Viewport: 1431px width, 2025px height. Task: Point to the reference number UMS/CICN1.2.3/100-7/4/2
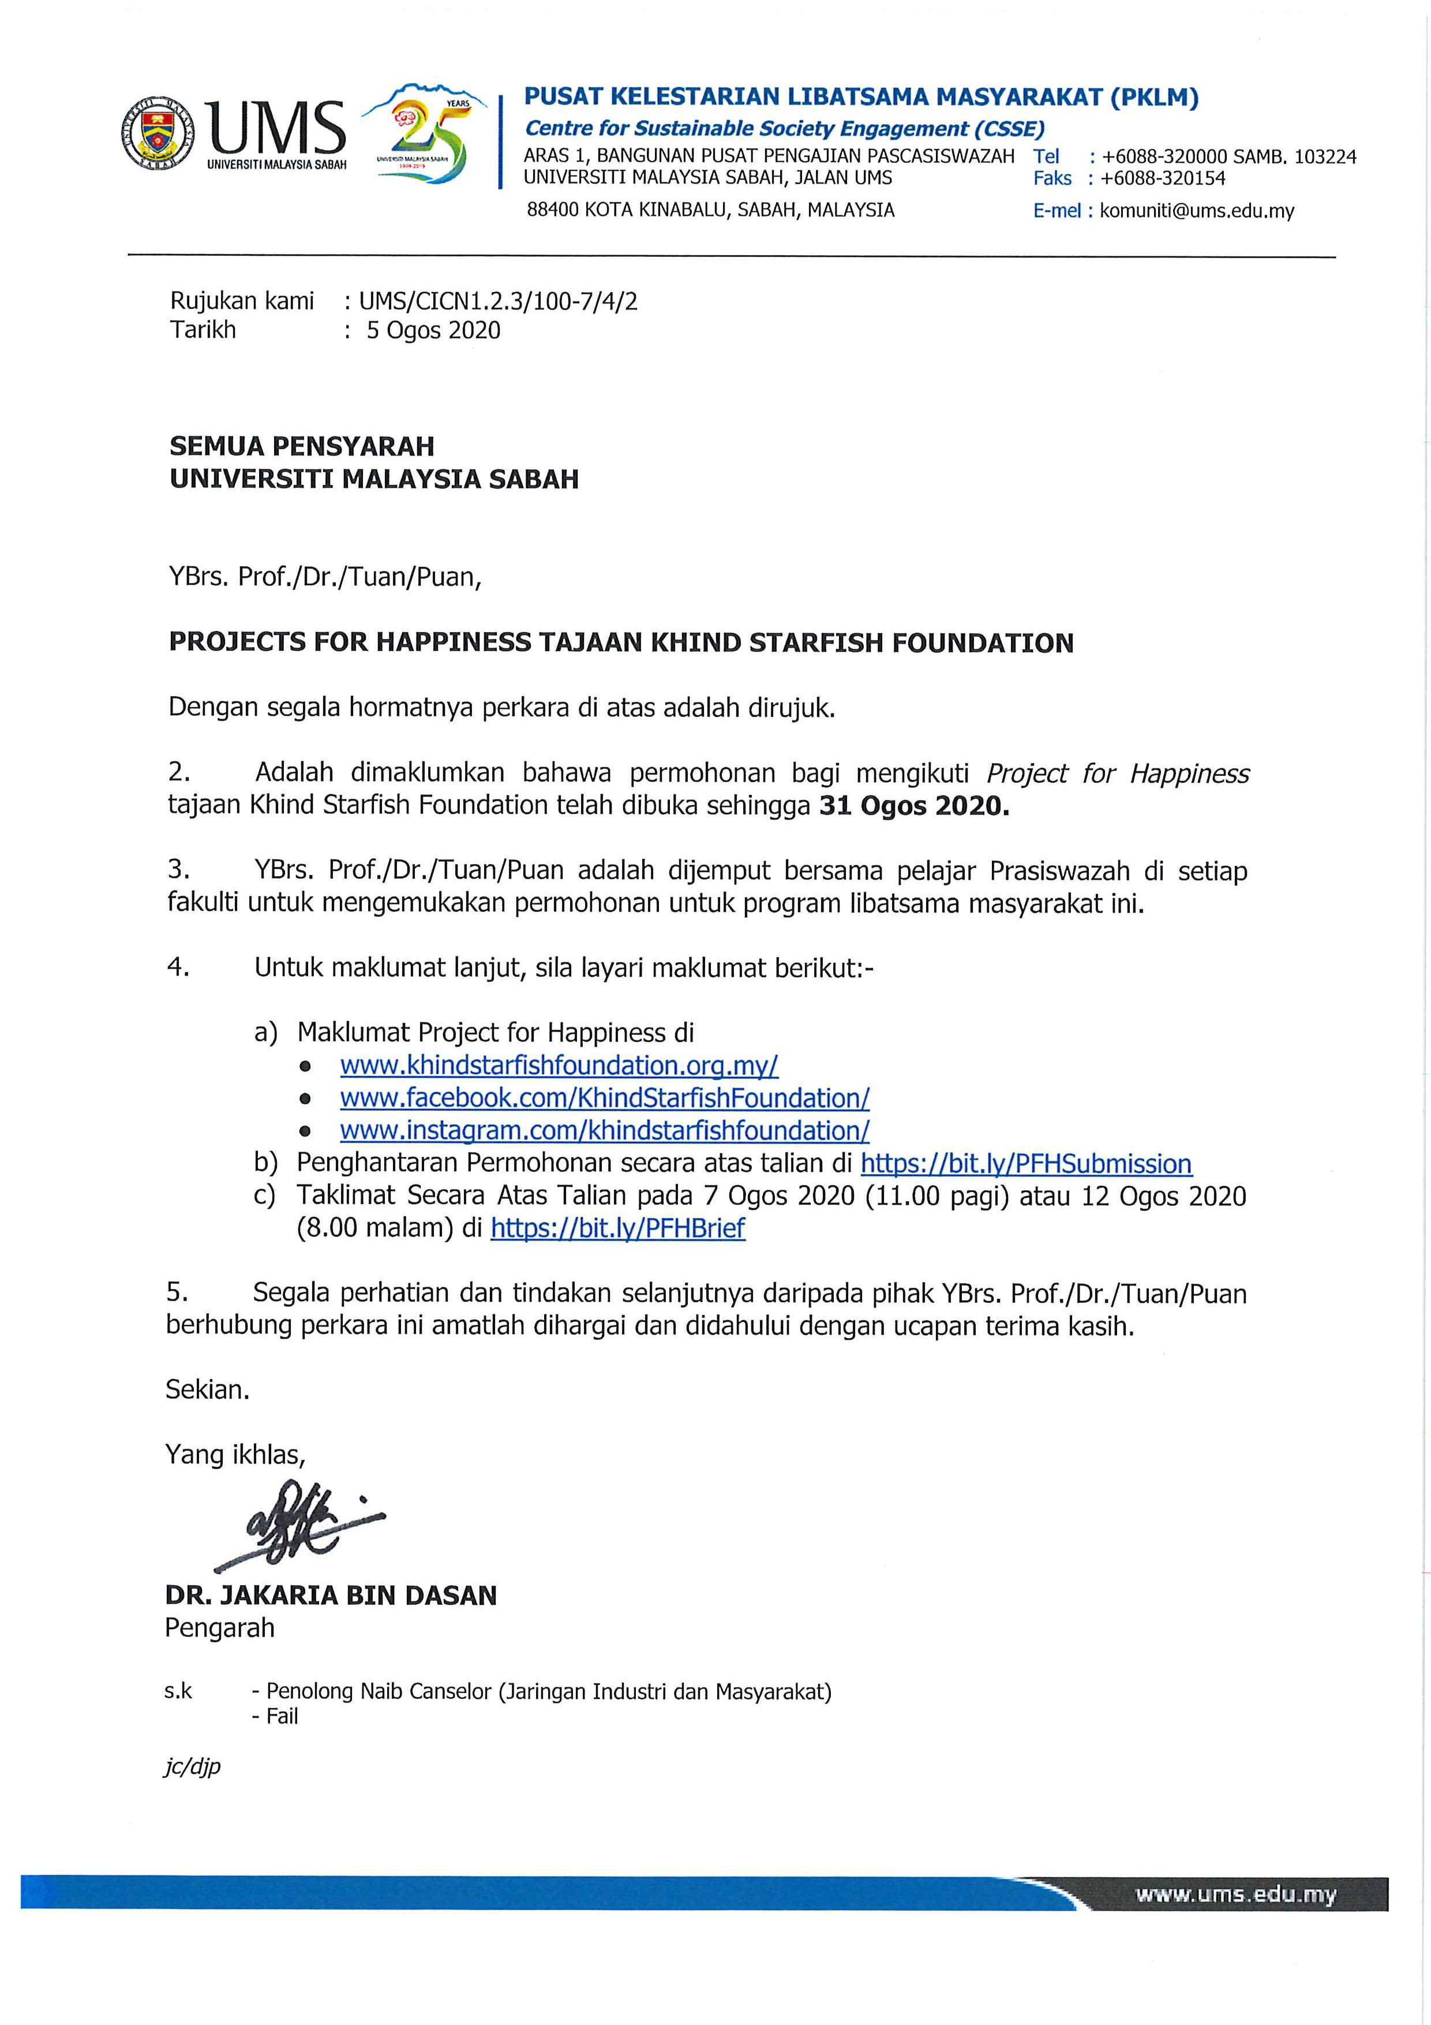click(497, 302)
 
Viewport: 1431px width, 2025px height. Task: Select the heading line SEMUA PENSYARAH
click(302, 446)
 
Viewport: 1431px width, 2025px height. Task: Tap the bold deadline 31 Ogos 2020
click(913, 806)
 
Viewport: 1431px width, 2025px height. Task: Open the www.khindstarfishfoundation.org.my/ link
click(559, 1066)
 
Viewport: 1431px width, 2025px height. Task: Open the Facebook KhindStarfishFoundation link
click(605, 1098)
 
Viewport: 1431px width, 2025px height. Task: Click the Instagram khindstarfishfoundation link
click(605, 1131)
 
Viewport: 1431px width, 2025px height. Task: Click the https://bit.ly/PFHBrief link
click(617, 1228)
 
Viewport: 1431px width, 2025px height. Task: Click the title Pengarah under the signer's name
click(219, 1628)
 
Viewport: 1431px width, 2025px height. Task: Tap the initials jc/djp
click(192, 1766)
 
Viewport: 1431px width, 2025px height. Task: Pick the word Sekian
click(207, 1390)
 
